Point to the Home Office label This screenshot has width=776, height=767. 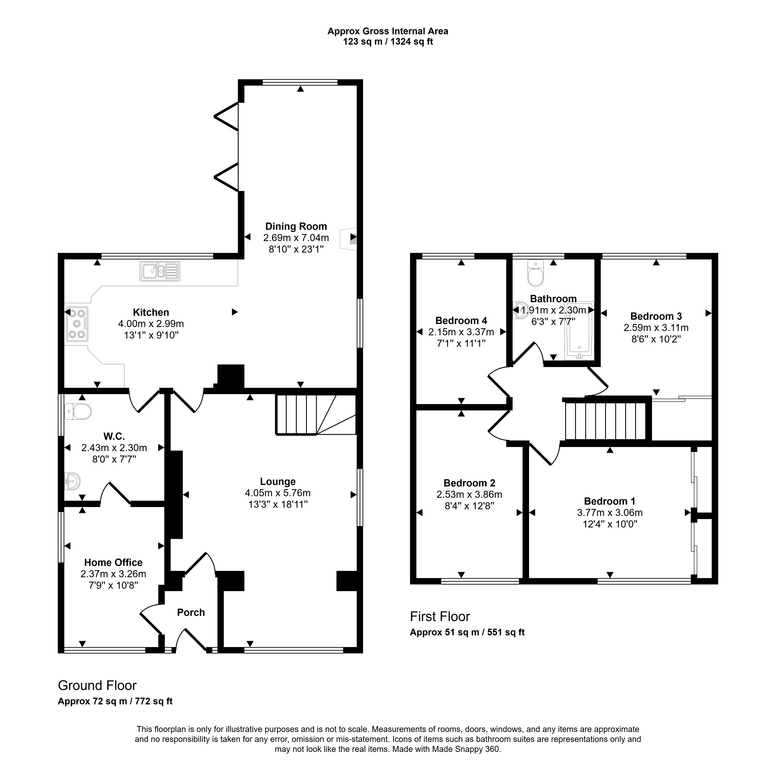click(113, 562)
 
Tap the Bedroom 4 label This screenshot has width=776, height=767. click(461, 321)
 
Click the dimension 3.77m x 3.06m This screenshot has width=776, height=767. click(610, 513)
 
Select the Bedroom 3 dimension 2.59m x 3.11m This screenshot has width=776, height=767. click(656, 328)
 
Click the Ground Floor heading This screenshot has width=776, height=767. click(97, 685)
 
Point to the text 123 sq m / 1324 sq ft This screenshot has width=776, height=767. click(388, 42)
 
